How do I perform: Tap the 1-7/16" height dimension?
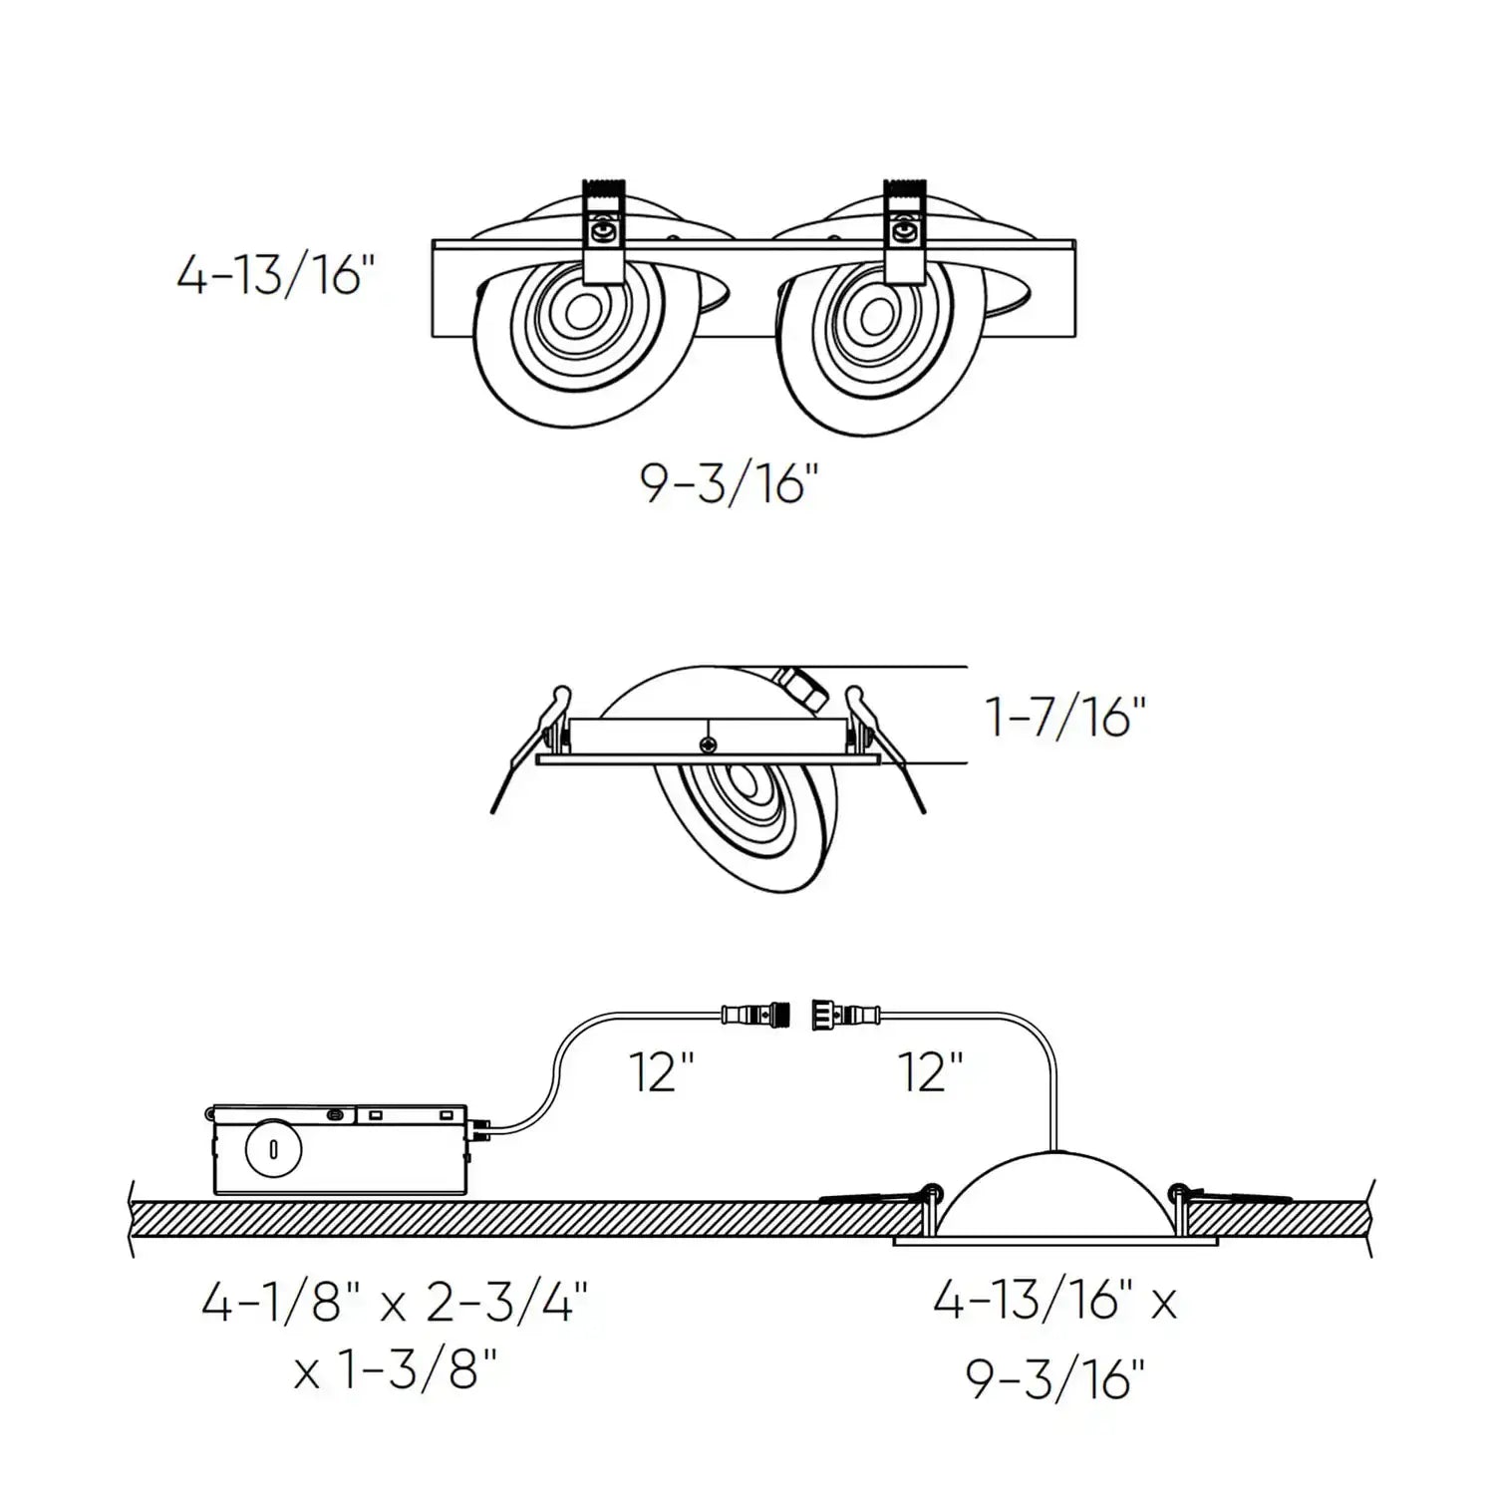tap(1064, 717)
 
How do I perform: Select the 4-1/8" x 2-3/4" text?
tap(395, 1302)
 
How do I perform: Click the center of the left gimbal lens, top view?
tap(577, 313)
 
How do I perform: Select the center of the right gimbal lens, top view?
tap(877, 317)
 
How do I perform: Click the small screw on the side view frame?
tap(708, 744)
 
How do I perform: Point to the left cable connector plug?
tap(755, 1016)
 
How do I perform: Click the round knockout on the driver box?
tap(273, 1149)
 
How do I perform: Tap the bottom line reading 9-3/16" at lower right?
tap(1054, 1380)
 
